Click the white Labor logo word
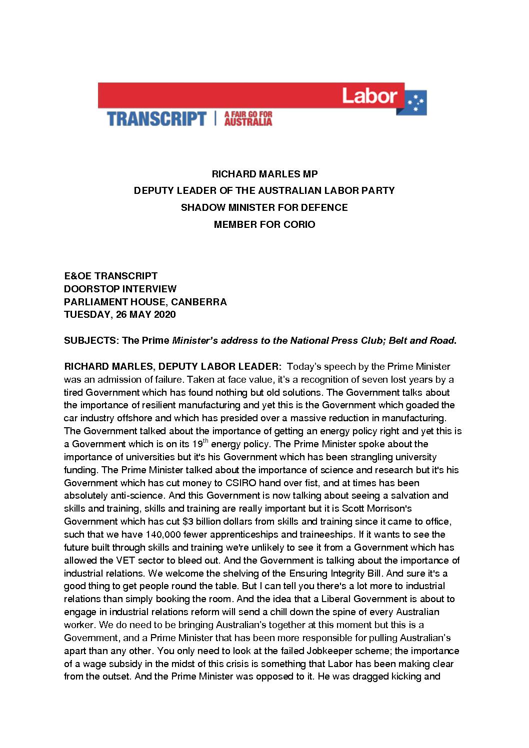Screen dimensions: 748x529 pyautogui.click(x=369, y=95)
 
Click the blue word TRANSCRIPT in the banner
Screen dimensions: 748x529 pyautogui.click(x=156, y=119)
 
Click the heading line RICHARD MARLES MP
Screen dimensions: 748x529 pyautogui.click(x=264, y=174)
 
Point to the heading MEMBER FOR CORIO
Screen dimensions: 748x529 pyautogui.click(x=264, y=224)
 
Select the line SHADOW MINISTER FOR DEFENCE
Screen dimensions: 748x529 pyautogui.click(x=264, y=207)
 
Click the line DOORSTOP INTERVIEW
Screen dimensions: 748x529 pyautogui.click(x=120, y=289)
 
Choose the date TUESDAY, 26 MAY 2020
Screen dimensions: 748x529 pyautogui.click(x=120, y=315)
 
